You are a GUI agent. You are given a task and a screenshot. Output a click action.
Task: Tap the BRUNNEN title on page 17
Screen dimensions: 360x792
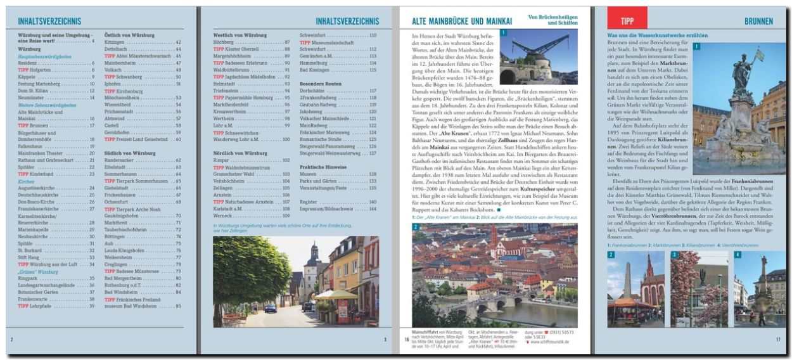coord(758,22)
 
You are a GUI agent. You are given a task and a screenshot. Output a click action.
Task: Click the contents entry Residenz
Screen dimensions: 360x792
coord(29,63)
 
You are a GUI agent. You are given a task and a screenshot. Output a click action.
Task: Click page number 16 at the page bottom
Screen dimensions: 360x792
coord(406,340)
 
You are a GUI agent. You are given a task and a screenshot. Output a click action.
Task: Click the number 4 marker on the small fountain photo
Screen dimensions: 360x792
coord(738,255)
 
